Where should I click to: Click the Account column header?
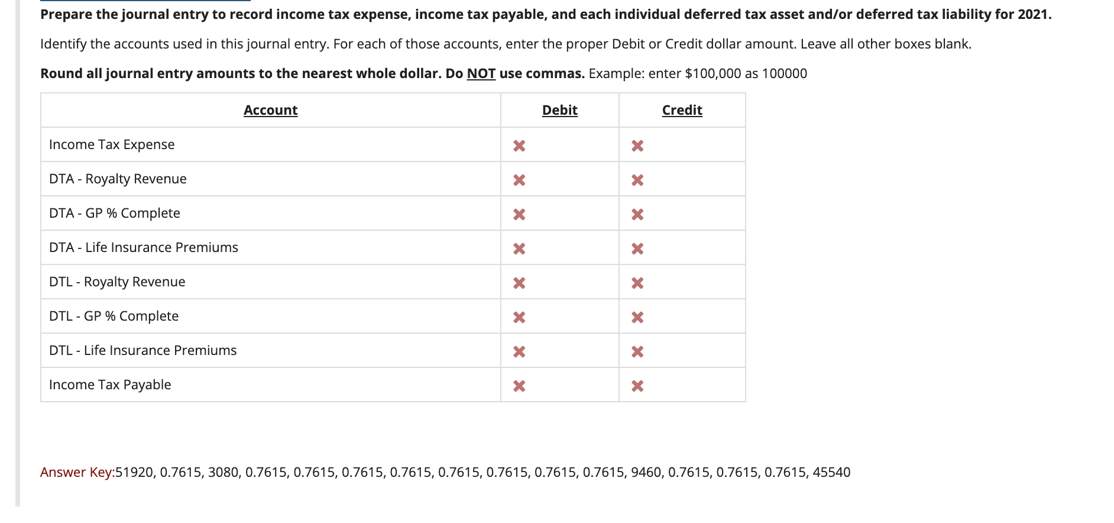click(270, 110)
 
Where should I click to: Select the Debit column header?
click(559, 110)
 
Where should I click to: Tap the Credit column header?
click(682, 110)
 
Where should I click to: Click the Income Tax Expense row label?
click(112, 144)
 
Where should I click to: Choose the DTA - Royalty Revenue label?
click(118, 179)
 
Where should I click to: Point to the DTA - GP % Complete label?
click(115, 213)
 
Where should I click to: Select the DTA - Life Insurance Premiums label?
click(144, 247)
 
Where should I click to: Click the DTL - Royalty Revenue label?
click(117, 282)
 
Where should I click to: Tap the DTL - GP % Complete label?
click(114, 316)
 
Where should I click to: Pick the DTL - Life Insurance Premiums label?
click(143, 350)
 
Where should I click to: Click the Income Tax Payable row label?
click(110, 385)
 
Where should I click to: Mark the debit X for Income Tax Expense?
click(519, 146)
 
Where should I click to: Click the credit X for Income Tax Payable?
click(637, 386)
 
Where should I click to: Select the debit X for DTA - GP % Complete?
click(519, 214)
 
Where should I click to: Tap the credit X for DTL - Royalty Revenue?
click(637, 283)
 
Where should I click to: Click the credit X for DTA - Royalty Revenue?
click(637, 180)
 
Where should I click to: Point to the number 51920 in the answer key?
click(134, 472)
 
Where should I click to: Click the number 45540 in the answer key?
click(831, 472)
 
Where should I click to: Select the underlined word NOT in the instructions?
click(481, 73)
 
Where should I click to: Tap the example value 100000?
click(784, 73)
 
